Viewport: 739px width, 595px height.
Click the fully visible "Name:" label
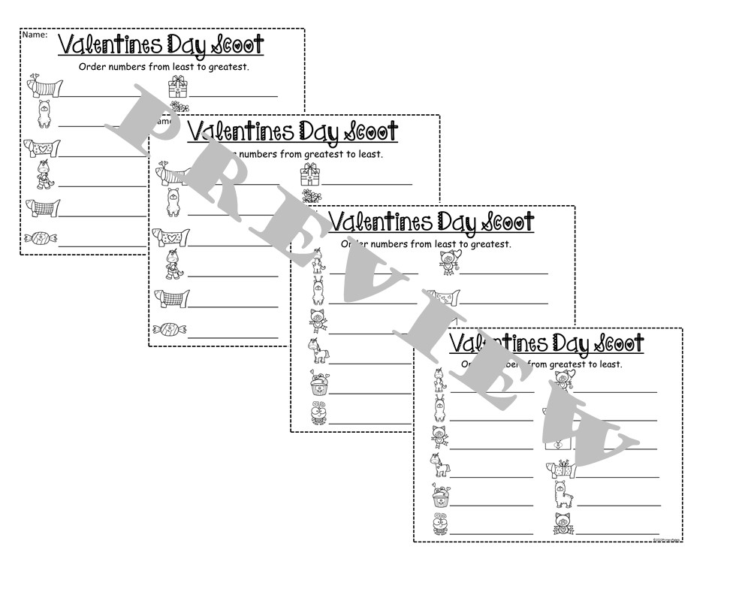(35, 35)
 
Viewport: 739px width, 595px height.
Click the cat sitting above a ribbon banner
(560, 523)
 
